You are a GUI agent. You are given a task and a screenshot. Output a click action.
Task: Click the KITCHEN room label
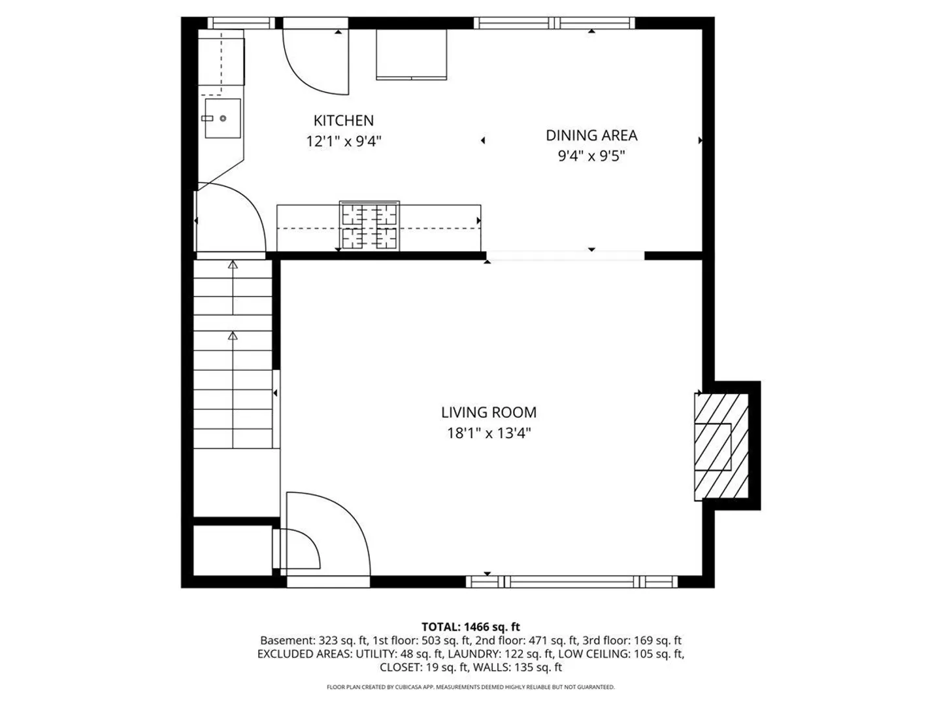pos(343,120)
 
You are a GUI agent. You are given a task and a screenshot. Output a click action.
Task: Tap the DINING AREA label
pos(591,135)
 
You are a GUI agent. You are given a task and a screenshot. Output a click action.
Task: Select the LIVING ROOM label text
pos(489,412)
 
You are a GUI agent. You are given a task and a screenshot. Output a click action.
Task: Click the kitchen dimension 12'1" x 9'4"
pos(343,141)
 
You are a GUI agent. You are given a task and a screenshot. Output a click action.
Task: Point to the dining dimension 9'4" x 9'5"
pos(591,156)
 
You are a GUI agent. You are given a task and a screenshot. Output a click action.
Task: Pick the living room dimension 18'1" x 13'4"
pos(489,433)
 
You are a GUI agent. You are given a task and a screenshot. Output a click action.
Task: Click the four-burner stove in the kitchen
pos(369,226)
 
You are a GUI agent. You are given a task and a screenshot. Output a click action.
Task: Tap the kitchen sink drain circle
pos(223,118)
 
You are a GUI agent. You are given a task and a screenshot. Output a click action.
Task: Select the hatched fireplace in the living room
pos(721,447)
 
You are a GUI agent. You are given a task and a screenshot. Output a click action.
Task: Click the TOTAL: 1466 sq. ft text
pos(470,627)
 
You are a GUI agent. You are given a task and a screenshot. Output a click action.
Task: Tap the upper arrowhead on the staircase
pos(233,265)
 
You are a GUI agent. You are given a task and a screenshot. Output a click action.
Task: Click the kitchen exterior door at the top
pos(316,23)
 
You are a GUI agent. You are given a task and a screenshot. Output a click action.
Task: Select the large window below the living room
pos(572,582)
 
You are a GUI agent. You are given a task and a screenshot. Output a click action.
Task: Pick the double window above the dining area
pos(554,23)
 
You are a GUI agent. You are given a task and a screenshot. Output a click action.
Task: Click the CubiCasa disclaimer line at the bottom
pos(470,687)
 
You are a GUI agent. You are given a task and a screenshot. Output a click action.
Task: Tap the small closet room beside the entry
pos(233,550)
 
